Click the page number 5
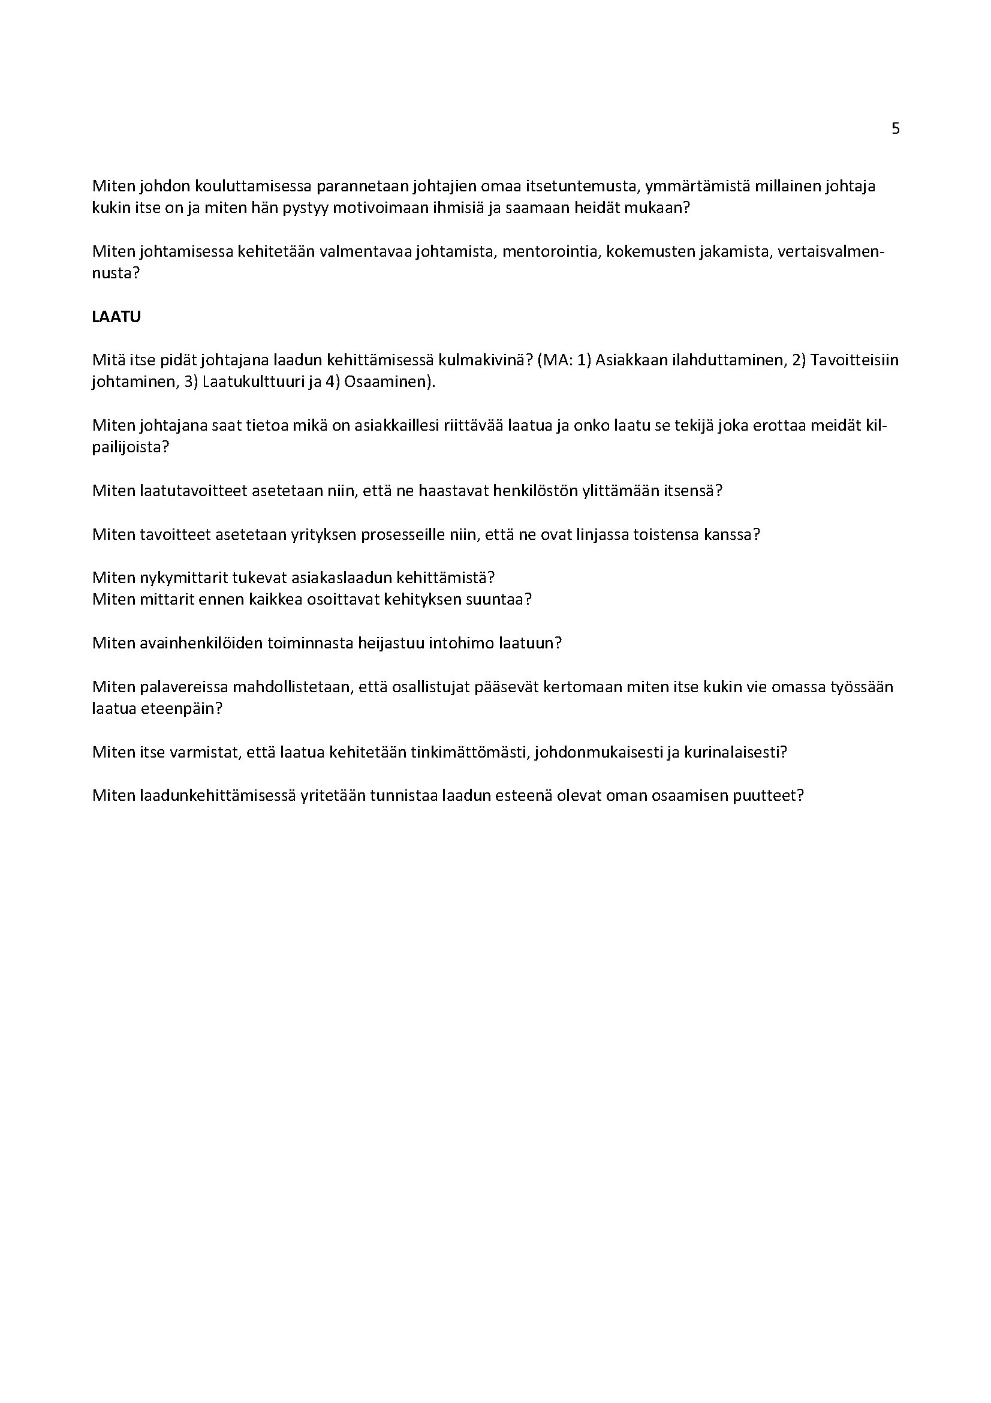point(896,129)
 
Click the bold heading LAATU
point(116,317)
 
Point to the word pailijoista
point(129,447)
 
